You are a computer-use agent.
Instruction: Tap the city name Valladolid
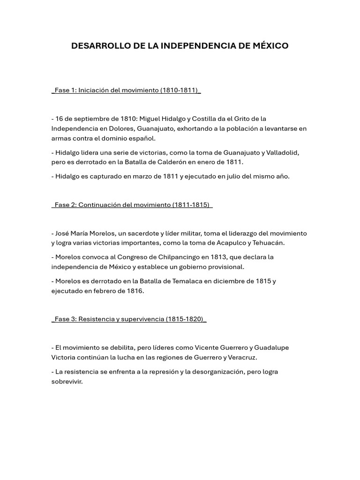point(282,152)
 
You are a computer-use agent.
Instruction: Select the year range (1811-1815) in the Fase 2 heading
point(191,205)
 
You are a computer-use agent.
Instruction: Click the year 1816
point(135,291)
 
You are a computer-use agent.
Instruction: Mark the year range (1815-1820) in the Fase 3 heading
point(185,319)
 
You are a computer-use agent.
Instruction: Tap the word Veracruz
point(241,357)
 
